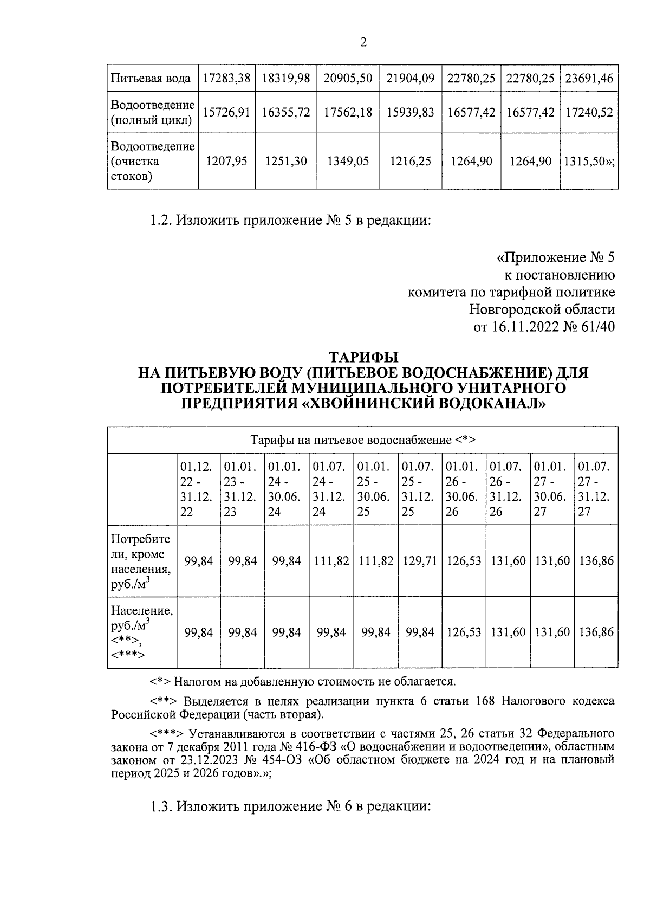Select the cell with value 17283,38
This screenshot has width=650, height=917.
(226, 78)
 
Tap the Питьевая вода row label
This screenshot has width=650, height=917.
(151, 78)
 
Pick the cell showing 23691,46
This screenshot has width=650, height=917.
(589, 78)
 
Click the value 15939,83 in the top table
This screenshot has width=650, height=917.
(411, 112)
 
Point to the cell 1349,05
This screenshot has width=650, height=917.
(348, 161)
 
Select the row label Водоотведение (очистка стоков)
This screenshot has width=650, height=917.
(152, 161)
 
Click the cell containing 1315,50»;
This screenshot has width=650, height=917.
(589, 161)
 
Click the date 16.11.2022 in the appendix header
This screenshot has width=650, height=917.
(523, 327)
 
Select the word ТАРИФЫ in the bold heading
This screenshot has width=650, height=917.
(363, 358)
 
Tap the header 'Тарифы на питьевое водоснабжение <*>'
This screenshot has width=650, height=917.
(362, 440)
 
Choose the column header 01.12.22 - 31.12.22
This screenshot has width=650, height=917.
(198, 489)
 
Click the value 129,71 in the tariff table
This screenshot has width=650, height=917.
(420, 561)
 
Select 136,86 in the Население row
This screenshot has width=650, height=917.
(596, 632)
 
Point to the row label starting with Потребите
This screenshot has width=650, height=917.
(141, 561)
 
